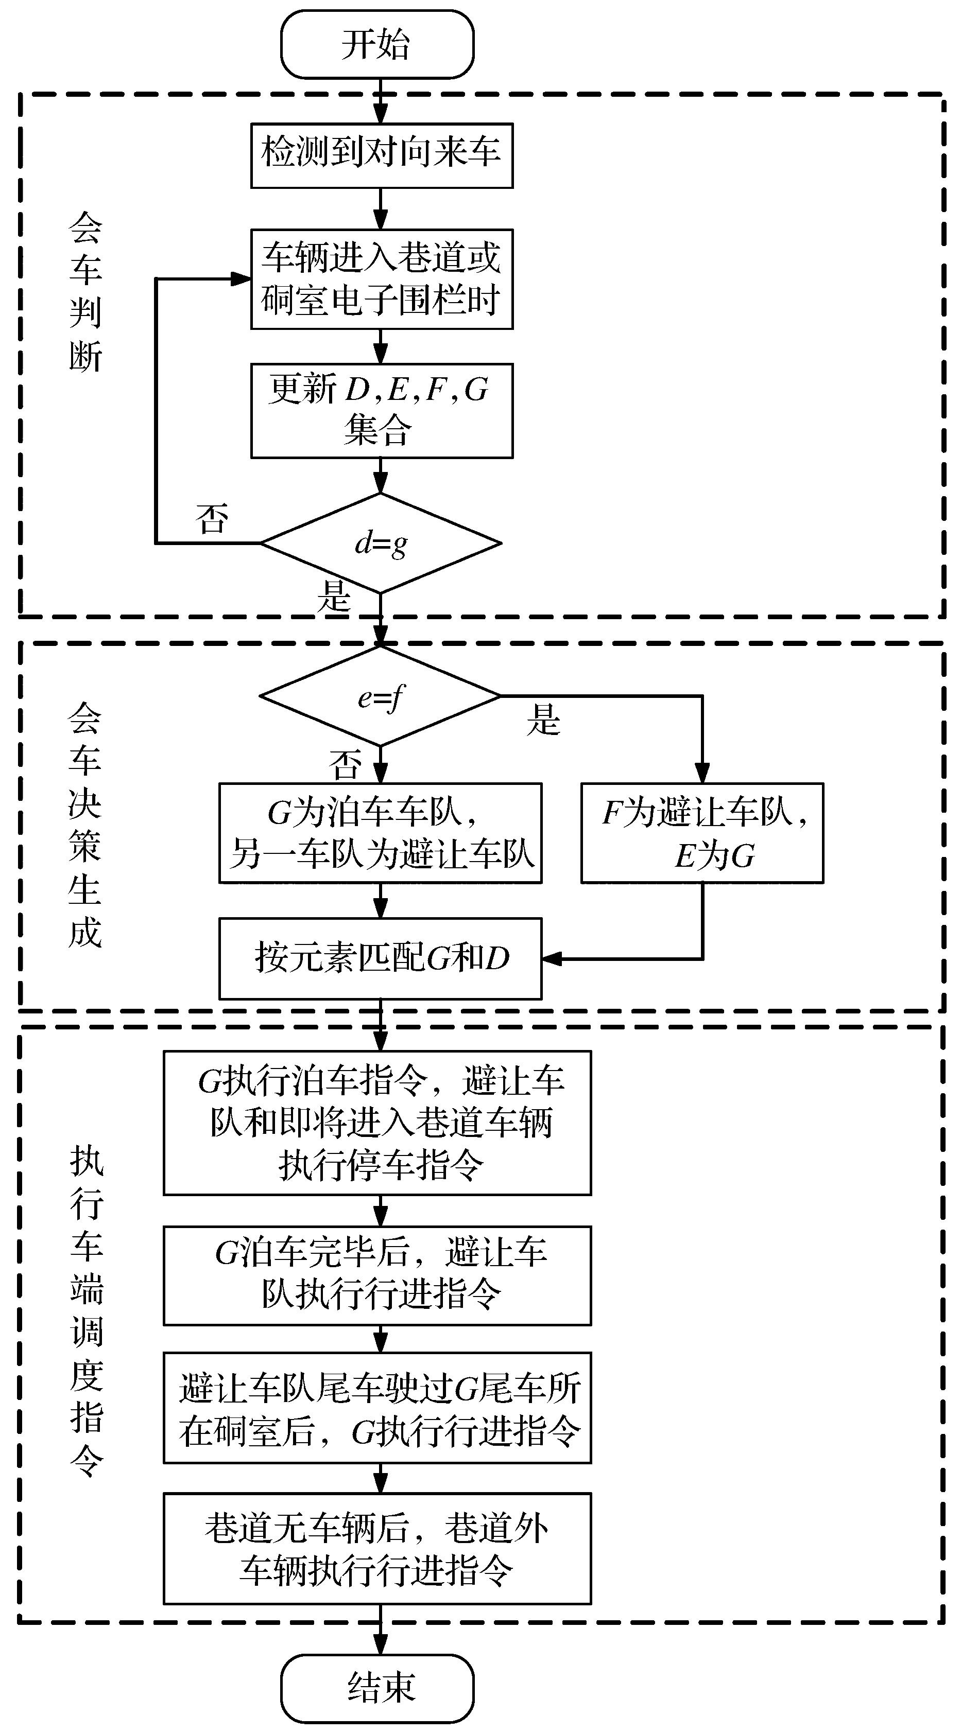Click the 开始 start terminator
[377, 44]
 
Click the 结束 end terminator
[377, 1688]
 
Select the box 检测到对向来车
[382, 155]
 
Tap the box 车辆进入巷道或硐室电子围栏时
[382, 278]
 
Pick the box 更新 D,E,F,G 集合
[382, 411]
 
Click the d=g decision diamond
[381, 543]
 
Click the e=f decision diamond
[381, 696]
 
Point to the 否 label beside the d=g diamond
[212, 519]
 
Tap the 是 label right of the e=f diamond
[543, 719]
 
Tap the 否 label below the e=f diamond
[345, 764]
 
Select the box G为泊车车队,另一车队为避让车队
[381, 833]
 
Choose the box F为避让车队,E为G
[702, 833]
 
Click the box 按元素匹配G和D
[381, 958]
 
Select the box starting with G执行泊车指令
[377, 1123]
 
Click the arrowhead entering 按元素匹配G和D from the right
[551, 958]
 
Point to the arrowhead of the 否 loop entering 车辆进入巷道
[241, 278]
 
